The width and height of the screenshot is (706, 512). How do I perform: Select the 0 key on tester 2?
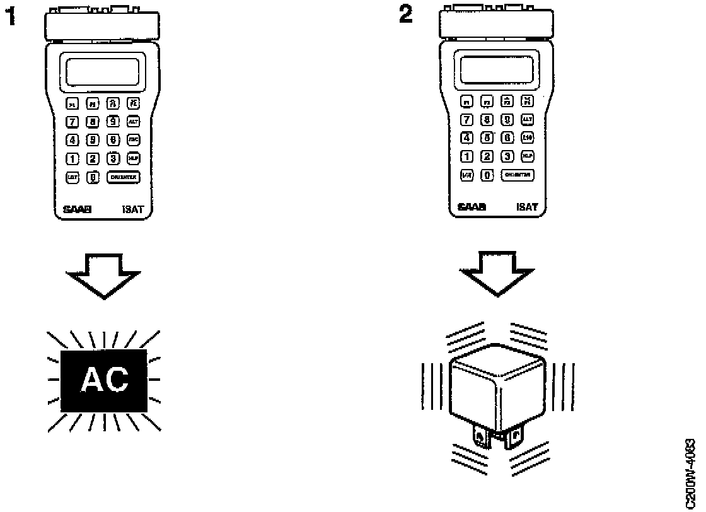(x=487, y=175)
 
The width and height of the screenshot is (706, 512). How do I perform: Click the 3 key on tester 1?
(x=113, y=158)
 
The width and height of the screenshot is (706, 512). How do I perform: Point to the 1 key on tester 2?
(x=467, y=156)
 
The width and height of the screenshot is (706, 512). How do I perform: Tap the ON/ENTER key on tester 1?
(x=123, y=177)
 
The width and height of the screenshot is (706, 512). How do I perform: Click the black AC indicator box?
(x=104, y=380)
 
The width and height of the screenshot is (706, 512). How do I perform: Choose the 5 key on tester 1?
(x=93, y=140)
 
